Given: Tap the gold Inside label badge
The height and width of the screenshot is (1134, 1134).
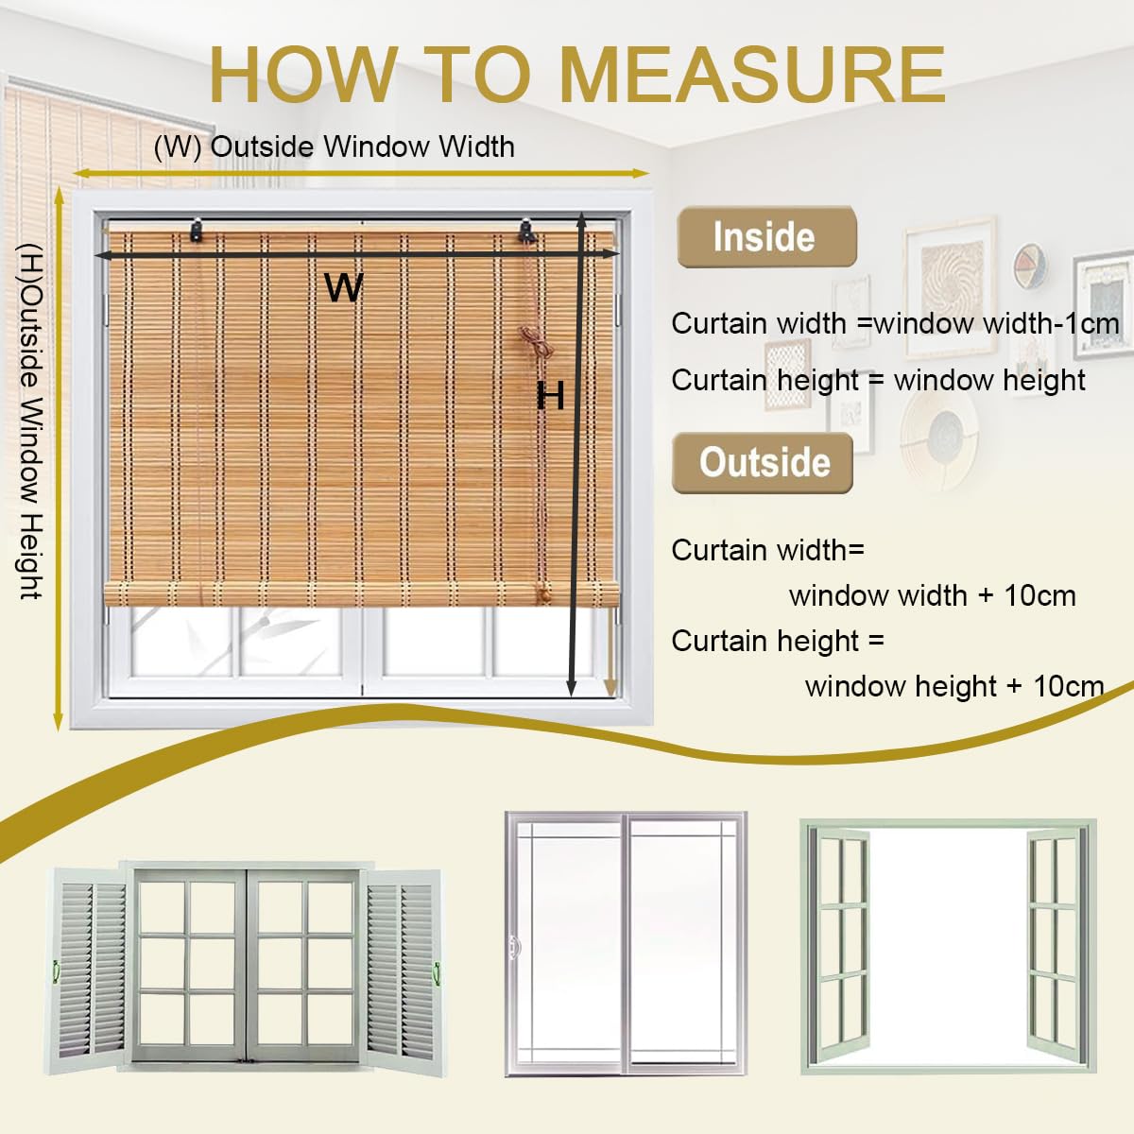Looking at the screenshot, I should click(x=765, y=236).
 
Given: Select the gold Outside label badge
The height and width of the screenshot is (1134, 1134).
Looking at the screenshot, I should click(x=764, y=463).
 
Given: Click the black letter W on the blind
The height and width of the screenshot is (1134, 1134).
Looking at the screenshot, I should click(x=344, y=286).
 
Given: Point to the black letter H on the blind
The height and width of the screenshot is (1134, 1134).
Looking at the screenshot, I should click(x=550, y=396).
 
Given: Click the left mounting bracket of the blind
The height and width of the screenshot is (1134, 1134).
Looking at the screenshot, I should click(x=198, y=230).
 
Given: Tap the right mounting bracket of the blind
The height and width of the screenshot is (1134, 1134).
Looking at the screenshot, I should click(x=527, y=231).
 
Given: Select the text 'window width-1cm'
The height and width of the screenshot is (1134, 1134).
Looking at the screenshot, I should click(x=996, y=323).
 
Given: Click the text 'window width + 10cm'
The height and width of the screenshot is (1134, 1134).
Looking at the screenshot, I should click(x=932, y=595).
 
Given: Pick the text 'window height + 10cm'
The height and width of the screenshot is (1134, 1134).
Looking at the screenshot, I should click(x=954, y=686).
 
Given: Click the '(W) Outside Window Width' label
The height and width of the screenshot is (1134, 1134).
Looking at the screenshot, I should click(x=334, y=147).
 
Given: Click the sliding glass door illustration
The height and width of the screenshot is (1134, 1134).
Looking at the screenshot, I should click(x=626, y=943).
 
